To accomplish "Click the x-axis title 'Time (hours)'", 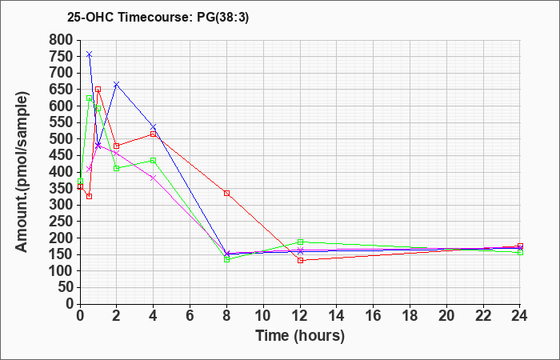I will point(300,335).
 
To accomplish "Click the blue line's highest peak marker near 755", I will point(89,54).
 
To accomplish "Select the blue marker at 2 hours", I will point(117,84).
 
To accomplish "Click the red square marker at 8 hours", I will point(227,193).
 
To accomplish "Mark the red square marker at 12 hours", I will point(300,260).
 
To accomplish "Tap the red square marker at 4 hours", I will point(154,134).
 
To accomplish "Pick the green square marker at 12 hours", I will point(300,242).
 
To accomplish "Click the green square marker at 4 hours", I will point(154,160).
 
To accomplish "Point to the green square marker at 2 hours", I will point(117,168).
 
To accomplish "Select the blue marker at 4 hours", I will point(154,127).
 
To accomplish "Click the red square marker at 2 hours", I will point(117,146).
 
